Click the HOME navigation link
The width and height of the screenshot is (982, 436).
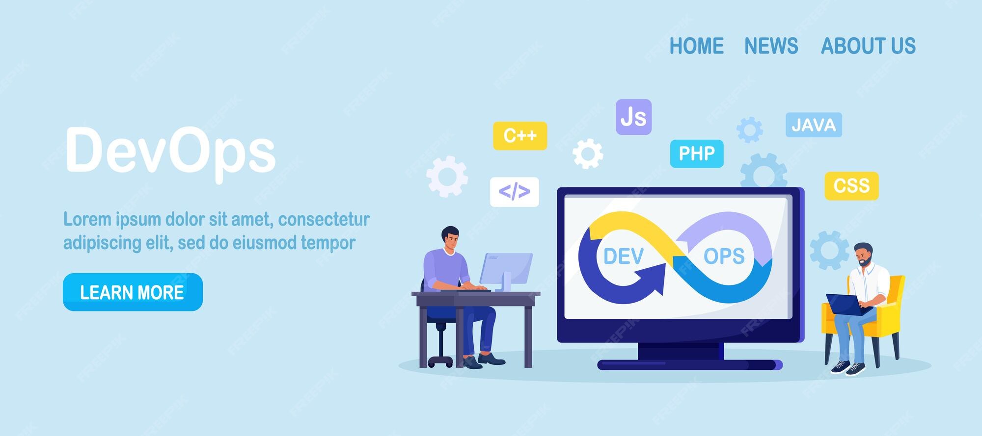[696, 46]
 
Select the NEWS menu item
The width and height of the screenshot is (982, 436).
[771, 46]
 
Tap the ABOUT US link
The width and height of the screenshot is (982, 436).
[868, 46]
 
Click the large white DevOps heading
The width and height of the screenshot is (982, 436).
[170, 151]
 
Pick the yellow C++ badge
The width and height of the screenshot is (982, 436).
[520, 136]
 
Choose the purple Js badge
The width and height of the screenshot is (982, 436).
[633, 117]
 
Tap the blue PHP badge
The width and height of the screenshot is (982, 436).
[697, 154]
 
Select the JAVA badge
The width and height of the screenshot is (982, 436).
[814, 125]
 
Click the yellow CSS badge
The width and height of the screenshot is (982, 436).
[851, 186]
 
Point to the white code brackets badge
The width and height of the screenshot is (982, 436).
[514, 192]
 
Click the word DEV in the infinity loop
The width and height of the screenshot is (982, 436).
[623, 256]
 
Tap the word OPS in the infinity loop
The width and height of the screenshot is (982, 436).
[724, 256]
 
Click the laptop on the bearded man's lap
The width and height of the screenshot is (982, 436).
[846, 304]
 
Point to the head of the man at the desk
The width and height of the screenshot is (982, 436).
[450, 237]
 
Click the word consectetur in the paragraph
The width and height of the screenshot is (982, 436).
[324, 219]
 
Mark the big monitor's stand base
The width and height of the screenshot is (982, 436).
[690, 364]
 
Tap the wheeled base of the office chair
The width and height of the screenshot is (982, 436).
[440, 361]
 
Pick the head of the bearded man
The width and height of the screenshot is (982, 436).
[864, 254]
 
